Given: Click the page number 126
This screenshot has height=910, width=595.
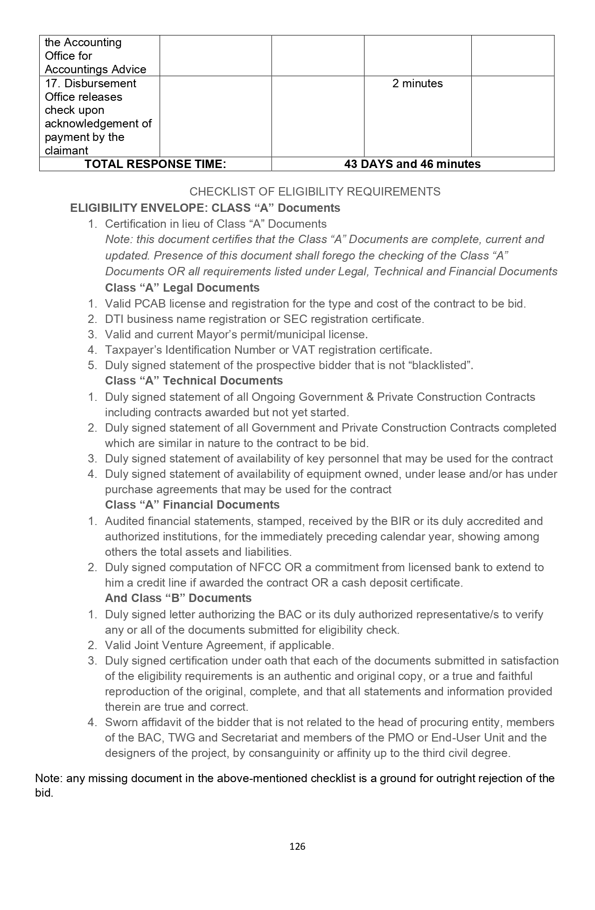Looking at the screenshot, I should coord(297,847).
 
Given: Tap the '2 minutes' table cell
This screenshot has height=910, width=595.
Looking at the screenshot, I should coord(417,84).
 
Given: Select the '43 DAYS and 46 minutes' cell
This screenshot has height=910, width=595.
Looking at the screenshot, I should coord(412,164).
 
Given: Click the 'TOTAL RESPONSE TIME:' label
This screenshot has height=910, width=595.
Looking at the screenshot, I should coord(155,164).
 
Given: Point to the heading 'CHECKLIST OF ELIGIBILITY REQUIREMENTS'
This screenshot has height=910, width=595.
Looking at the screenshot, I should coord(315,192).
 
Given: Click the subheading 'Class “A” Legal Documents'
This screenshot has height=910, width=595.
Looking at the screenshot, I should coord(182,288).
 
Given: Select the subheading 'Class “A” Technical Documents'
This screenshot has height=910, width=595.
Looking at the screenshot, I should coord(194,381).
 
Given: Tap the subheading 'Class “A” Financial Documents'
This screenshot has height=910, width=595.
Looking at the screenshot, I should coord(192,505).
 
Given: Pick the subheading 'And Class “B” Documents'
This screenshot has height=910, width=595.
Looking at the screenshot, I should coord(178,598).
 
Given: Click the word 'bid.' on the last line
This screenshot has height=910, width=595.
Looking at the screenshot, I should coord(44,793).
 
